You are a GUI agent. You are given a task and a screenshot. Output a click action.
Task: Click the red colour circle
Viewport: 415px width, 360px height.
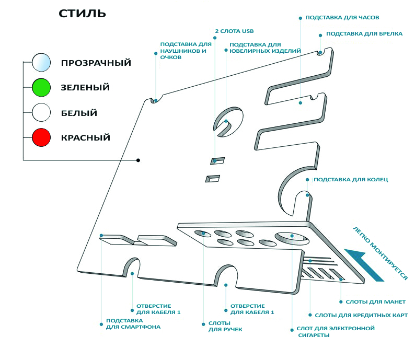(x=41, y=138)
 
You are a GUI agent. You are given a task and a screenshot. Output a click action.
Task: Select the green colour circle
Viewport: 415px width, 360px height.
(x=41, y=87)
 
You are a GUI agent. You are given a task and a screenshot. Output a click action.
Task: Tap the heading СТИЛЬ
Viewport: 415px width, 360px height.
(x=82, y=13)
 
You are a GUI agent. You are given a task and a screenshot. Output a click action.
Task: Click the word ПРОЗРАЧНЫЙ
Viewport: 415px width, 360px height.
(x=96, y=63)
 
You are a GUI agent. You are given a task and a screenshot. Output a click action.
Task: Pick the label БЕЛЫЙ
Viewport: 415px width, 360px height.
(x=79, y=113)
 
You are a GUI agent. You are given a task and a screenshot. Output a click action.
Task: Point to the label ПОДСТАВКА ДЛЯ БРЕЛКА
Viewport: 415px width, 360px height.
(x=364, y=34)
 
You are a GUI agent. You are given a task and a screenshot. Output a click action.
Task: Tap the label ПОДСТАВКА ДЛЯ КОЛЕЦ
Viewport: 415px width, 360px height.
(x=350, y=180)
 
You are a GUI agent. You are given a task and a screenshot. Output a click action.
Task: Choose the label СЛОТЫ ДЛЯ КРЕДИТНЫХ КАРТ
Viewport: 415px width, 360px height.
(x=361, y=315)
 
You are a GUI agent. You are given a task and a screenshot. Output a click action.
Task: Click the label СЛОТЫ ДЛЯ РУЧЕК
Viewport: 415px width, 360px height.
(x=225, y=327)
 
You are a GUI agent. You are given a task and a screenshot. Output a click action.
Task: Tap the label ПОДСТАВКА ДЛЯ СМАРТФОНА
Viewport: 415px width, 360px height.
(x=133, y=323)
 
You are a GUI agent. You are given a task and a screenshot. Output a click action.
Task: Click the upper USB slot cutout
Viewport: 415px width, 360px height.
(x=217, y=160)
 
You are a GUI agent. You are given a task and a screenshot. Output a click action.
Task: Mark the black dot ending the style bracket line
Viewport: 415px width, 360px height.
(x=138, y=160)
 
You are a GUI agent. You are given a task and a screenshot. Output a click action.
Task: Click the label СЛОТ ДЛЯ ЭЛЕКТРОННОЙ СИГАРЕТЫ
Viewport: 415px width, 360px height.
(x=336, y=331)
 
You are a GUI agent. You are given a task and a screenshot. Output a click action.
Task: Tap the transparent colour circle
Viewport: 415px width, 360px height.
(x=41, y=62)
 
